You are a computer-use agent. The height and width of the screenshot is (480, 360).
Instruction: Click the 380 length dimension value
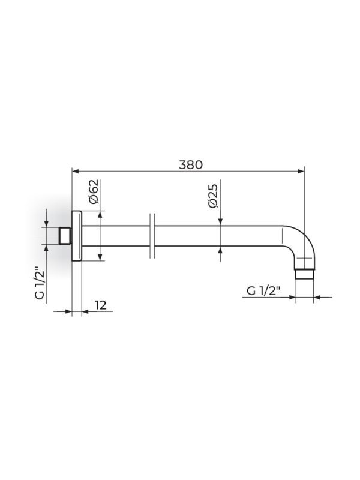(x=191, y=164)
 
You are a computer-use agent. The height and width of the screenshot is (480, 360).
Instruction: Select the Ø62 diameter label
(x=94, y=191)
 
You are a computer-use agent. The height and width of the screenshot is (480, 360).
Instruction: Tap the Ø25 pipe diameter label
(x=213, y=196)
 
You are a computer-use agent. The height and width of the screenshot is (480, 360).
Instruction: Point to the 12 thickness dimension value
(x=100, y=305)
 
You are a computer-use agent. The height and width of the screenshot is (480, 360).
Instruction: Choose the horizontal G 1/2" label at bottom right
(x=263, y=290)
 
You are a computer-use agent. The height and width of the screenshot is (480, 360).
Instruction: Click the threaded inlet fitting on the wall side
(x=65, y=236)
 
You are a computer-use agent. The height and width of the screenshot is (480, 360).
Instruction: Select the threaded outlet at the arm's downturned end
(x=305, y=274)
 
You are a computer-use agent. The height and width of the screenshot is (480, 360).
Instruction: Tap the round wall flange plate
(x=77, y=236)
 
